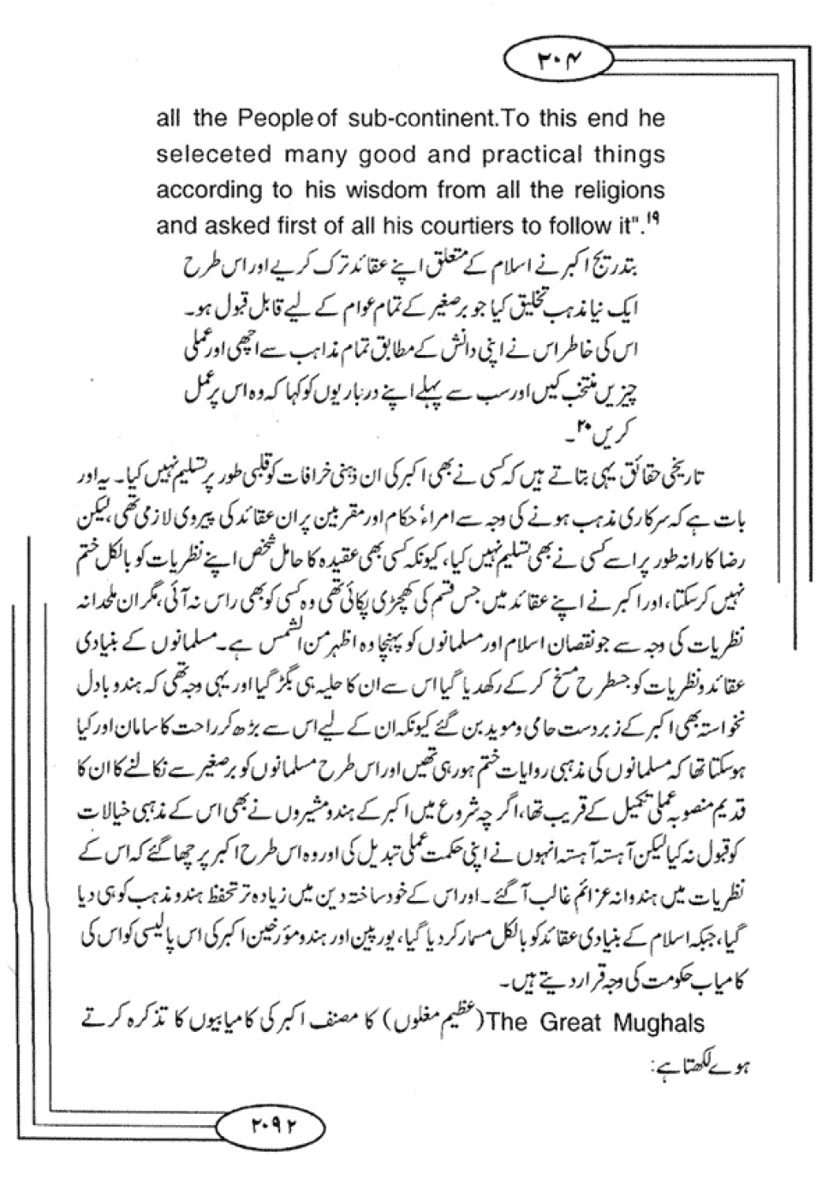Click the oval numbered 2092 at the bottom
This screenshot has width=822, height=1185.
268,1122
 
